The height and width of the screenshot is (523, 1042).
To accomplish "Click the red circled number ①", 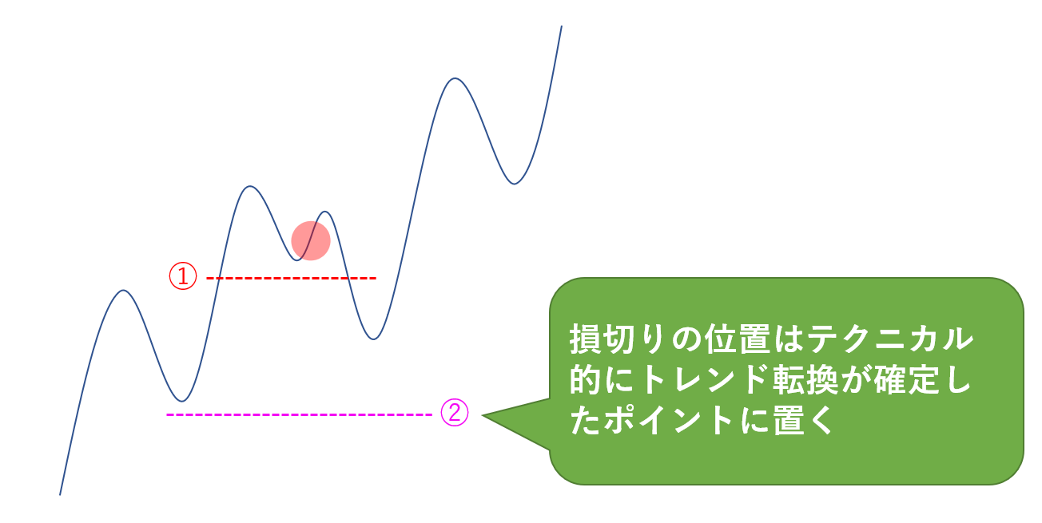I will [x=182, y=277].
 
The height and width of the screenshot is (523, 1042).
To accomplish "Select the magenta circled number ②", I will [x=455, y=414].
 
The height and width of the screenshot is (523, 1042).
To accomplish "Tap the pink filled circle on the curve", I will [x=311, y=240].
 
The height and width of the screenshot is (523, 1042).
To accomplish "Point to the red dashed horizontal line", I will [x=291, y=278].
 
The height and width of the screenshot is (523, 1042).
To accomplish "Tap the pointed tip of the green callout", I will [x=484, y=415].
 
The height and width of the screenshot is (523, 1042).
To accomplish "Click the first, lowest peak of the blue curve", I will [x=123, y=291].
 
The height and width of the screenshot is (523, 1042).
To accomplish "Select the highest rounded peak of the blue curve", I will [x=455, y=79].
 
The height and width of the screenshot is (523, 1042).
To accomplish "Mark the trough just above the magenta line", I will [x=182, y=401].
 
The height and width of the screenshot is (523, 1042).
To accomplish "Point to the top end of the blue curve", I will [x=561, y=26].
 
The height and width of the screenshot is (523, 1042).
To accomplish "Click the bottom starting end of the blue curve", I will [x=60, y=494].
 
